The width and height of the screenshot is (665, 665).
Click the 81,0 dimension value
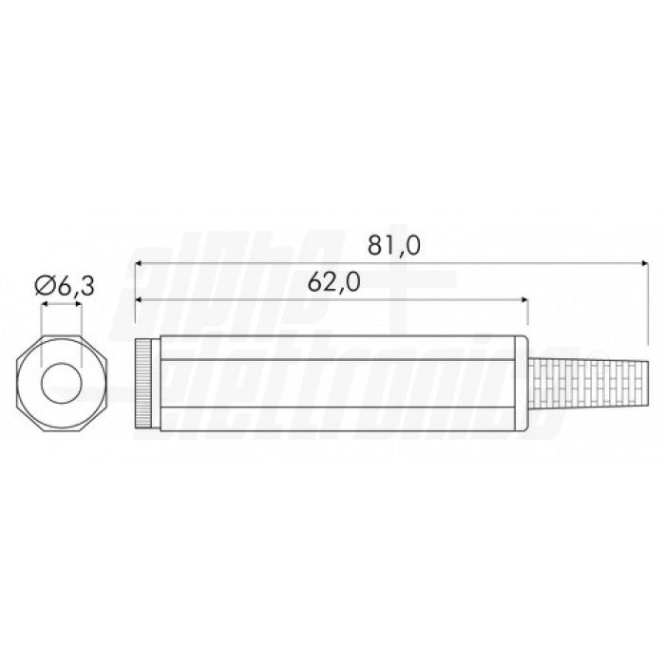(x=393, y=246)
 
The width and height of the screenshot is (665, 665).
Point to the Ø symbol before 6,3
(x=43, y=284)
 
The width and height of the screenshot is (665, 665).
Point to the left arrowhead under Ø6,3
(x=44, y=305)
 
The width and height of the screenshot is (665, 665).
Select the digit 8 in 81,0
(x=375, y=246)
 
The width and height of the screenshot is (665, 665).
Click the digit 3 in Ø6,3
(x=88, y=284)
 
